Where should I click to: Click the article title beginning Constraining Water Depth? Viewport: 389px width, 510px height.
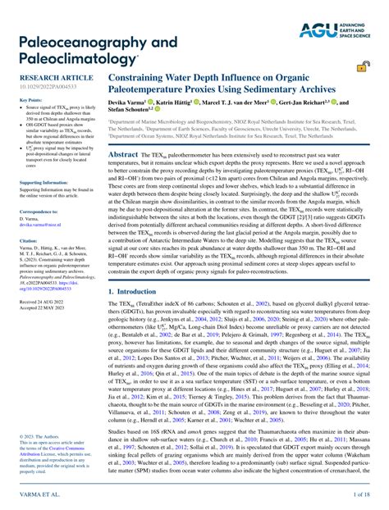(x=222, y=83)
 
